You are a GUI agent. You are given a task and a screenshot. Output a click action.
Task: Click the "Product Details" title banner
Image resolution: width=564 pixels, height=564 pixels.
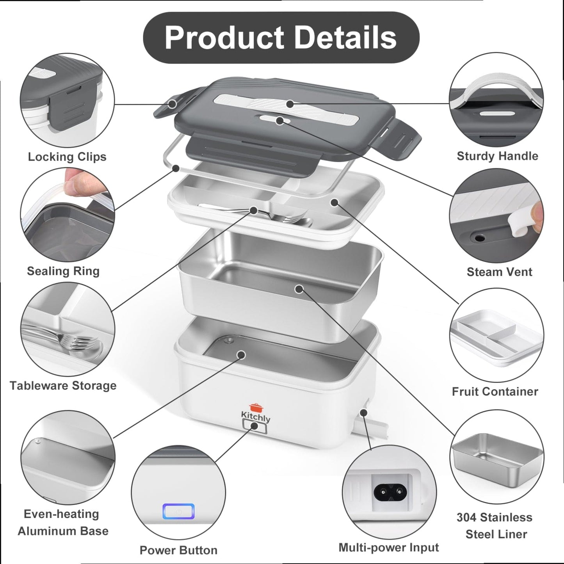click(x=281, y=37)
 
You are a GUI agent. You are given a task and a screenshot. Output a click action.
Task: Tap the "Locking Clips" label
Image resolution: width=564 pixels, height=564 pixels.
click(x=67, y=157)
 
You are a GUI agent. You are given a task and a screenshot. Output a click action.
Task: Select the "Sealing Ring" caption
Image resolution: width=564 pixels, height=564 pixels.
click(x=63, y=271)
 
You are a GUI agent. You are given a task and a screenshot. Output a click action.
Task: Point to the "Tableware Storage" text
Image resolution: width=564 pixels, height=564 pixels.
click(x=63, y=386)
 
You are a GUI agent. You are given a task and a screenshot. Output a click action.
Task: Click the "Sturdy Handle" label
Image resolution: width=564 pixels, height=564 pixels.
click(x=497, y=156)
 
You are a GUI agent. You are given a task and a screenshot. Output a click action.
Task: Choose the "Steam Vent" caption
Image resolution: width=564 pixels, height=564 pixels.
click(x=499, y=272)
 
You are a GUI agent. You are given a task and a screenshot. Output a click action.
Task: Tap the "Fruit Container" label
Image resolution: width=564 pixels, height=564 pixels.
click(x=495, y=391)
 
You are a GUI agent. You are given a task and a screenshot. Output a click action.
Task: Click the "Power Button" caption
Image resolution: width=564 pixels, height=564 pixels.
click(x=178, y=550)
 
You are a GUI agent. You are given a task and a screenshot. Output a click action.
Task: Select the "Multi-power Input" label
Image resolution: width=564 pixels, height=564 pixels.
click(x=389, y=548)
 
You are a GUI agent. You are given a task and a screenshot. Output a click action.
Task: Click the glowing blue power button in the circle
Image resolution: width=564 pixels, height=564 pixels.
click(x=178, y=512)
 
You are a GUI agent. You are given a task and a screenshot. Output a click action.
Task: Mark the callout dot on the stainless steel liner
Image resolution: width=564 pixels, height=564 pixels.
click(x=299, y=289)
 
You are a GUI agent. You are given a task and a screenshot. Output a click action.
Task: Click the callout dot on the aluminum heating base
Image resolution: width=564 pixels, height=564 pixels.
click(x=242, y=355)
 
